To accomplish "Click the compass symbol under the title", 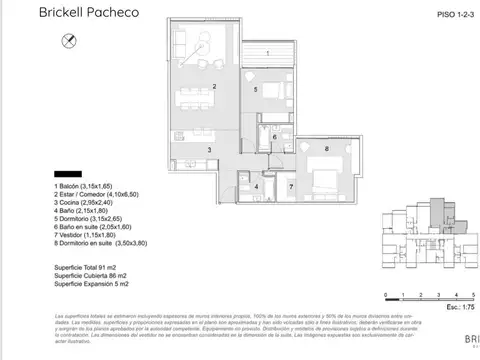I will [x=68, y=39].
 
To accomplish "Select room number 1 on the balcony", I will [x=267, y=52].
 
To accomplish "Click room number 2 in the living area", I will [x=215, y=87].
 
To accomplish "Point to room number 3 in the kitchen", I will [x=210, y=149].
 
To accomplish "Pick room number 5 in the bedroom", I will [x=257, y=90].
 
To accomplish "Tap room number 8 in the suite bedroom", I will [x=326, y=149].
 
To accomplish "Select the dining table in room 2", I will [x=196, y=98].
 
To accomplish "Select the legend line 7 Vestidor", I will [x=91, y=234].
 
